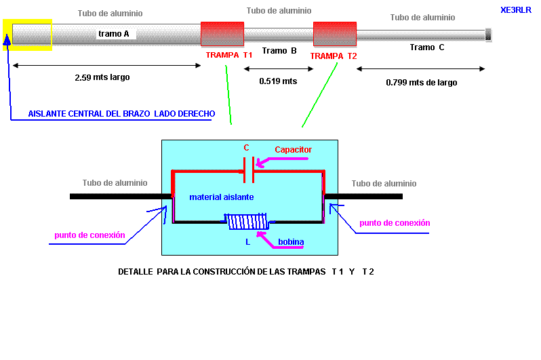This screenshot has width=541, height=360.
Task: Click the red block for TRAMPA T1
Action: pos(222,35)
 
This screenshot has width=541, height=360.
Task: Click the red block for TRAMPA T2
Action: pos(334,35)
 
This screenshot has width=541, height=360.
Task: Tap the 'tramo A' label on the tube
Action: pos(114,33)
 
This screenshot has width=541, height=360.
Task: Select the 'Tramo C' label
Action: pos(427,47)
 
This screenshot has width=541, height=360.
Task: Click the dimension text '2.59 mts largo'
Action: pos(102,77)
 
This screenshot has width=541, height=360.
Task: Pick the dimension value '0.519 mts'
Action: pos(278,81)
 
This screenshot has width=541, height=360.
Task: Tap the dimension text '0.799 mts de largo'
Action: pos(422,83)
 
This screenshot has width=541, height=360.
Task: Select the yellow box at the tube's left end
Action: pos(28,35)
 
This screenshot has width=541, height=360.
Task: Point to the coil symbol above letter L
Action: pos(247,222)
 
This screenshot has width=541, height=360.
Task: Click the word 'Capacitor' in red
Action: pos(293,150)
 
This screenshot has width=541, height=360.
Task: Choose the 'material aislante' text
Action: pos(222,197)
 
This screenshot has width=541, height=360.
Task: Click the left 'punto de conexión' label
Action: pos(89,235)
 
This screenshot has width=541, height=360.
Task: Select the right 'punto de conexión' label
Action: pos(395,223)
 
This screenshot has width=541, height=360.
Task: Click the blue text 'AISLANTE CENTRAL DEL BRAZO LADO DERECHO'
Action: pos(121,113)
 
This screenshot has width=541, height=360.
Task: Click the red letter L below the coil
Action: pos(248,241)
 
